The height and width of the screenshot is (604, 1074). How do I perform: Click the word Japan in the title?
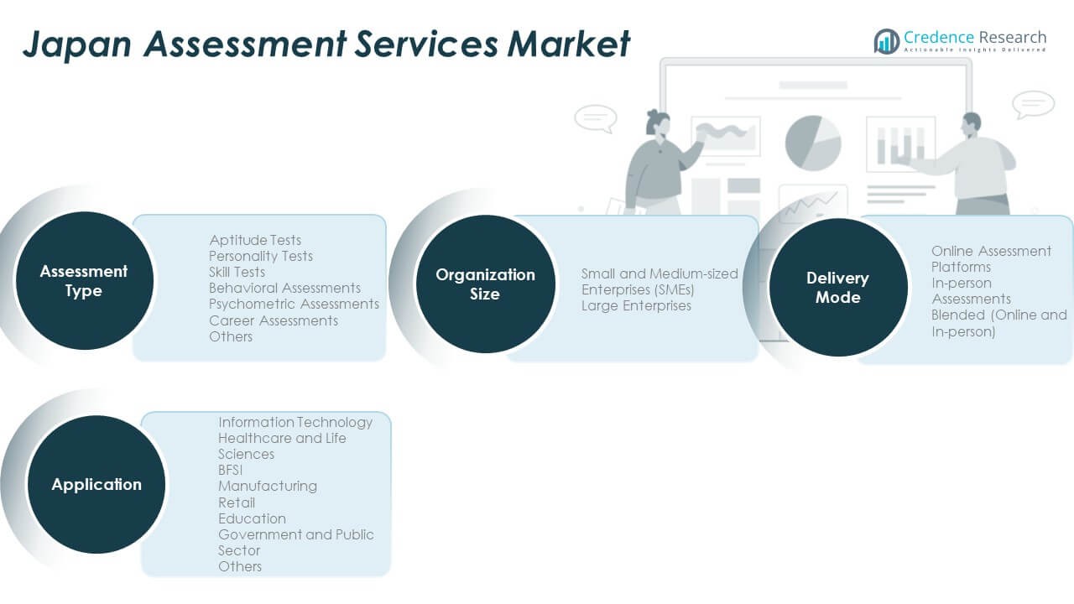(x=76, y=44)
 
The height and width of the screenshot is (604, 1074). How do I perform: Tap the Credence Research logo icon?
(x=886, y=41)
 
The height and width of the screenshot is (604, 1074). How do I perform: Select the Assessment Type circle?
(x=84, y=281)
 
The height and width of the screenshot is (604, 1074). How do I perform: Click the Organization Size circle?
(x=485, y=284)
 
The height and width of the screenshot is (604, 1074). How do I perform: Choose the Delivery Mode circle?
(x=837, y=287)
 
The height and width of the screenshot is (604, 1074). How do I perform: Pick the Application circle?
(x=96, y=484)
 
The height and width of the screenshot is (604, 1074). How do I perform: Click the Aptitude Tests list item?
(x=255, y=240)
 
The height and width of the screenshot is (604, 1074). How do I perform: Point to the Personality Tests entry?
(x=261, y=256)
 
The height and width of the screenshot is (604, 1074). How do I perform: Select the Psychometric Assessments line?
(x=294, y=304)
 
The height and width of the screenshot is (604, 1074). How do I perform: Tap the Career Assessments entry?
(x=274, y=320)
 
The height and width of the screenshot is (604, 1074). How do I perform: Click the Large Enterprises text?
(x=636, y=305)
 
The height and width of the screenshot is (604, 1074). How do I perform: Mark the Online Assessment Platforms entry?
(x=990, y=258)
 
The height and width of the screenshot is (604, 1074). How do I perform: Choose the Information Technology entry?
(x=295, y=422)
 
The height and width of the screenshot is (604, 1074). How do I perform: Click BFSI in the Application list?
(x=231, y=470)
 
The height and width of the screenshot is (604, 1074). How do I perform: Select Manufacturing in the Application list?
(x=268, y=486)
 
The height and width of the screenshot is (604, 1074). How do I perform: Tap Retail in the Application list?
(x=237, y=502)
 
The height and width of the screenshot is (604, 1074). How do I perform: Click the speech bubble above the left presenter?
(x=596, y=117)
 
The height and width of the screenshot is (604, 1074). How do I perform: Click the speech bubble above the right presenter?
(x=1033, y=104)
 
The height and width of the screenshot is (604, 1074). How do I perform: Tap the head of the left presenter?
(x=657, y=123)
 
